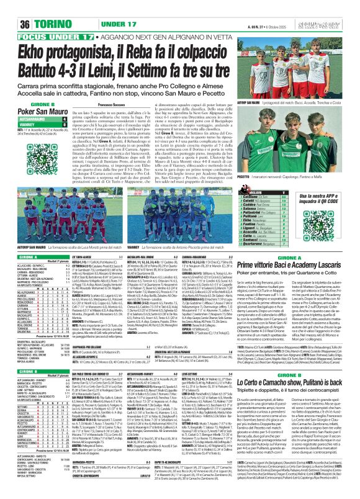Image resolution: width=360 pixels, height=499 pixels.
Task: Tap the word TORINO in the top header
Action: point(37,7)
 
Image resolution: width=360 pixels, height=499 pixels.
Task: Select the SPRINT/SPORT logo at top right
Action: point(335,7)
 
